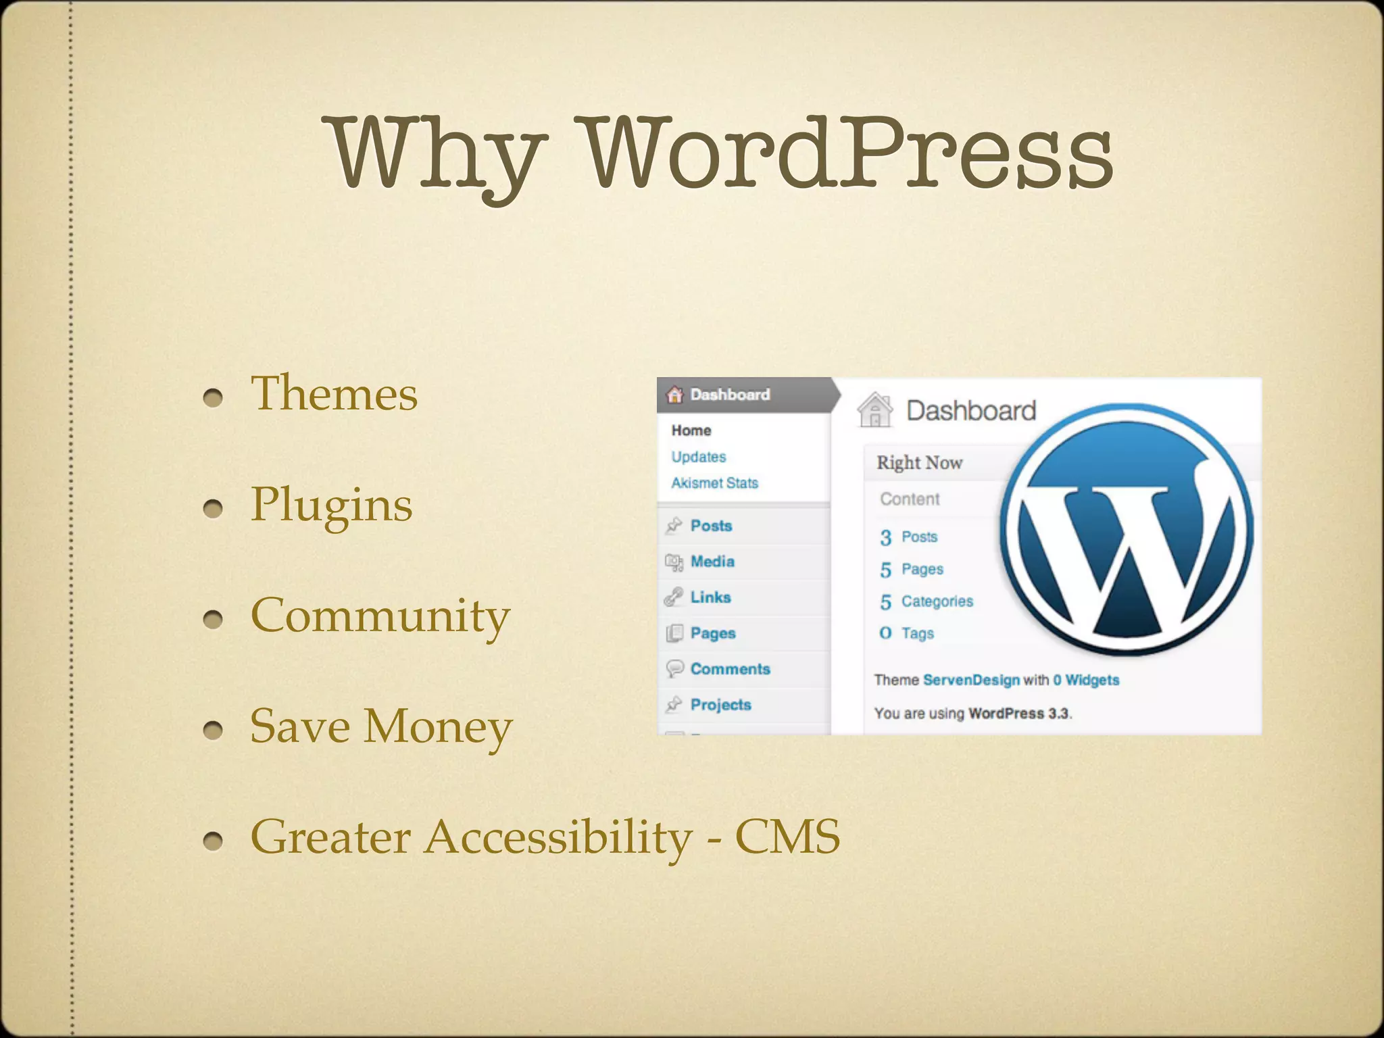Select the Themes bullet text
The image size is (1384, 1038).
point(334,393)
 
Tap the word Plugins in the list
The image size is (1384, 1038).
point(331,505)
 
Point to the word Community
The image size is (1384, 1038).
point(380,616)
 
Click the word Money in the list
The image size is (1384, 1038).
point(438,727)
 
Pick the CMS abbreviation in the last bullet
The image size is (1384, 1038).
point(787,837)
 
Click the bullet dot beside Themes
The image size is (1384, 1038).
point(213,397)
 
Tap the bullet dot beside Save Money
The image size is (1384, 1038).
point(213,730)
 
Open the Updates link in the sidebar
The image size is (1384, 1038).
point(698,457)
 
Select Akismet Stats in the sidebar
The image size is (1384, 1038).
point(714,483)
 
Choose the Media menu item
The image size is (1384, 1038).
point(712,562)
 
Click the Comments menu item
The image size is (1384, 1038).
point(730,669)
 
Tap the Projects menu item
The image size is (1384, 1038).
point(720,705)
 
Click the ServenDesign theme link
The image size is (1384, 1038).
point(971,680)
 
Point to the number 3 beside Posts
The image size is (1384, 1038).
point(885,537)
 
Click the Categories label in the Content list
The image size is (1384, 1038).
point(937,601)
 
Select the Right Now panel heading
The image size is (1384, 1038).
point(919,463)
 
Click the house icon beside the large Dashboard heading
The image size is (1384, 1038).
point(875,410)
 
